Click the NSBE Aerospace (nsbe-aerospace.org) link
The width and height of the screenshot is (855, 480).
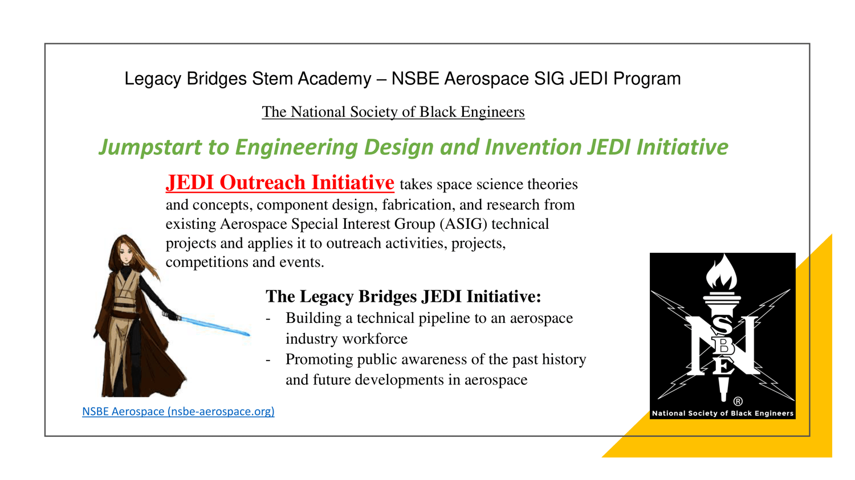178,411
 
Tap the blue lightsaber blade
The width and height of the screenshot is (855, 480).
215,326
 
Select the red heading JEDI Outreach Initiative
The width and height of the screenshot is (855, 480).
280,182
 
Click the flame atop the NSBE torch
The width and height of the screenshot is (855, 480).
721,272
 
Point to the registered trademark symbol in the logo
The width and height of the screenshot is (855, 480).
738,401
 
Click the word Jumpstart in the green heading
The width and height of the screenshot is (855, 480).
150,147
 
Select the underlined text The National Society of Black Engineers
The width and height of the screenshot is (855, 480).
393,112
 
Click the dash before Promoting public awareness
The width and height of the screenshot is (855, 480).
268,359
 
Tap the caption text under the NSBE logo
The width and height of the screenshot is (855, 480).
723,413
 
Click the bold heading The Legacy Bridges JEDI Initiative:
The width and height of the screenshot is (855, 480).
404,297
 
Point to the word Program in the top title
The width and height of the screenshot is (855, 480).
647,79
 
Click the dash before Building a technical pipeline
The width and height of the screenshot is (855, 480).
268,318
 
